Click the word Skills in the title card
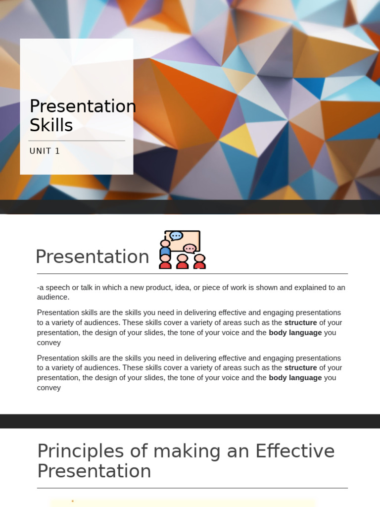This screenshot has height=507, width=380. pyautogui.click(x=51, y=126)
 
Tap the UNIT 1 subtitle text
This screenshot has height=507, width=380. pyautogui.click(x=45, y=151)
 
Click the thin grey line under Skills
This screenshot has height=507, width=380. pyautogui.click(x=77, y=141)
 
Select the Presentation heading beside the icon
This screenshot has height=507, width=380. pyautogui.click(x=92, y=257)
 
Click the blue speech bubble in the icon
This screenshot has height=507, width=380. pyautogui.click(x=176, y=236)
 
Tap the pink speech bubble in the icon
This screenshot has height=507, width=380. pyautogui.click(x=190, y=248)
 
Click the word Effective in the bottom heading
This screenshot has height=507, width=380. pyautogui.click(x=295, y=452)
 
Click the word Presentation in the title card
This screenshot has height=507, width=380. pyautogui.click(x=83, y=106)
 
